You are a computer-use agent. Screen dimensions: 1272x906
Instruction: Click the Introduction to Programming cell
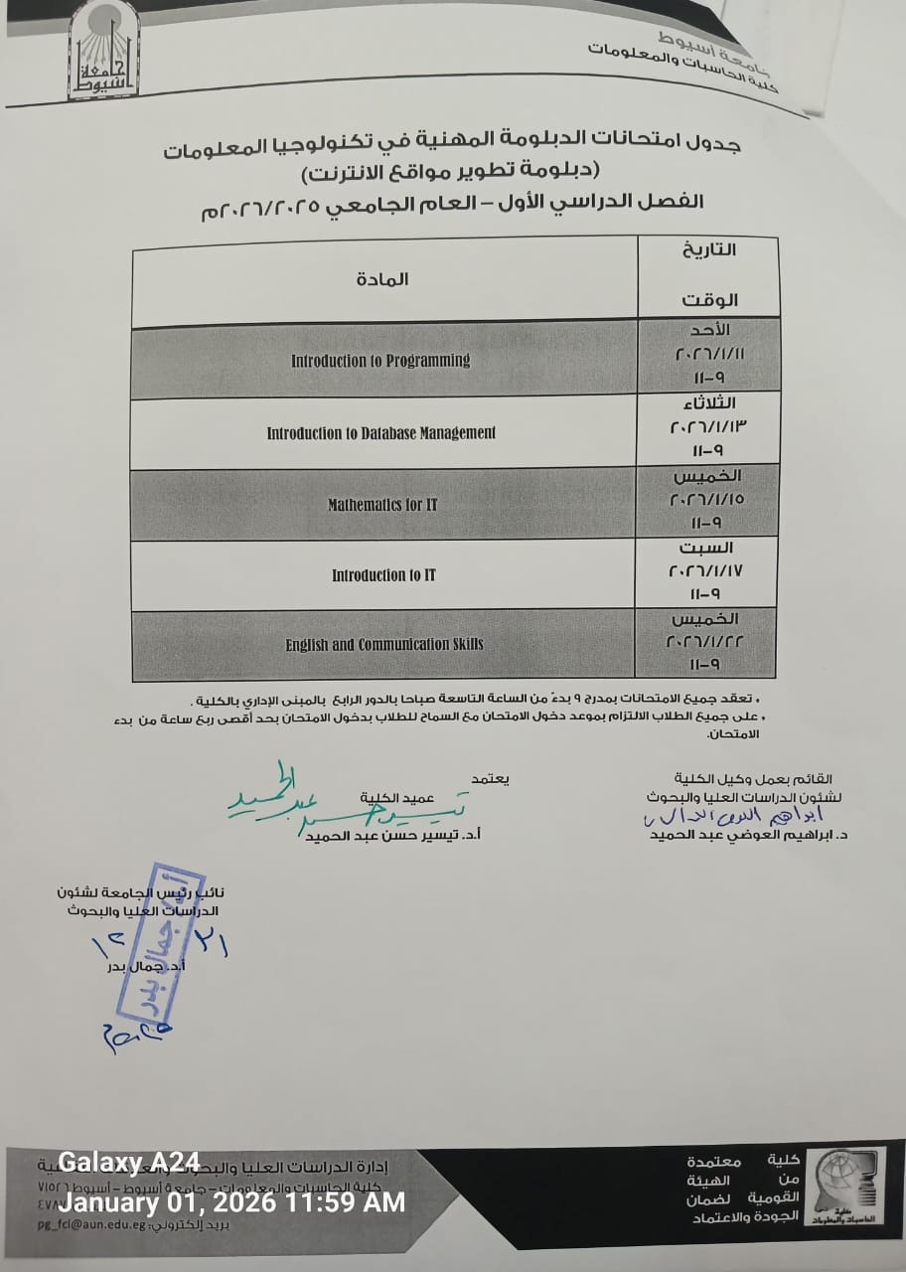(380, 361)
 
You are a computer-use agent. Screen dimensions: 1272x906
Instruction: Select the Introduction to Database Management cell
(380, 432)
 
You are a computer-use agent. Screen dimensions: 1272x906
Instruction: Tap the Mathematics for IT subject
(382, 505)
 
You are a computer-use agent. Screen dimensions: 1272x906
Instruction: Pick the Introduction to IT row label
(383, 575)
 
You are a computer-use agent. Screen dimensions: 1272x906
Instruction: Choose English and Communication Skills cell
(384, 645)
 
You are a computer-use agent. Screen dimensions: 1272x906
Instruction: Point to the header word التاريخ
(710, 249)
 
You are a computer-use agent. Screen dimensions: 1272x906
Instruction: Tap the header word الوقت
(709, 299)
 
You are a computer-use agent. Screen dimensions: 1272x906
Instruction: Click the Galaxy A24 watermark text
(129, 1162)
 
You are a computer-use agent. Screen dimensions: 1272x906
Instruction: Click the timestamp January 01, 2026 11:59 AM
(232, 1201)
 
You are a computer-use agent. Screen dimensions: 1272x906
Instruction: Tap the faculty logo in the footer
(849, 1194)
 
